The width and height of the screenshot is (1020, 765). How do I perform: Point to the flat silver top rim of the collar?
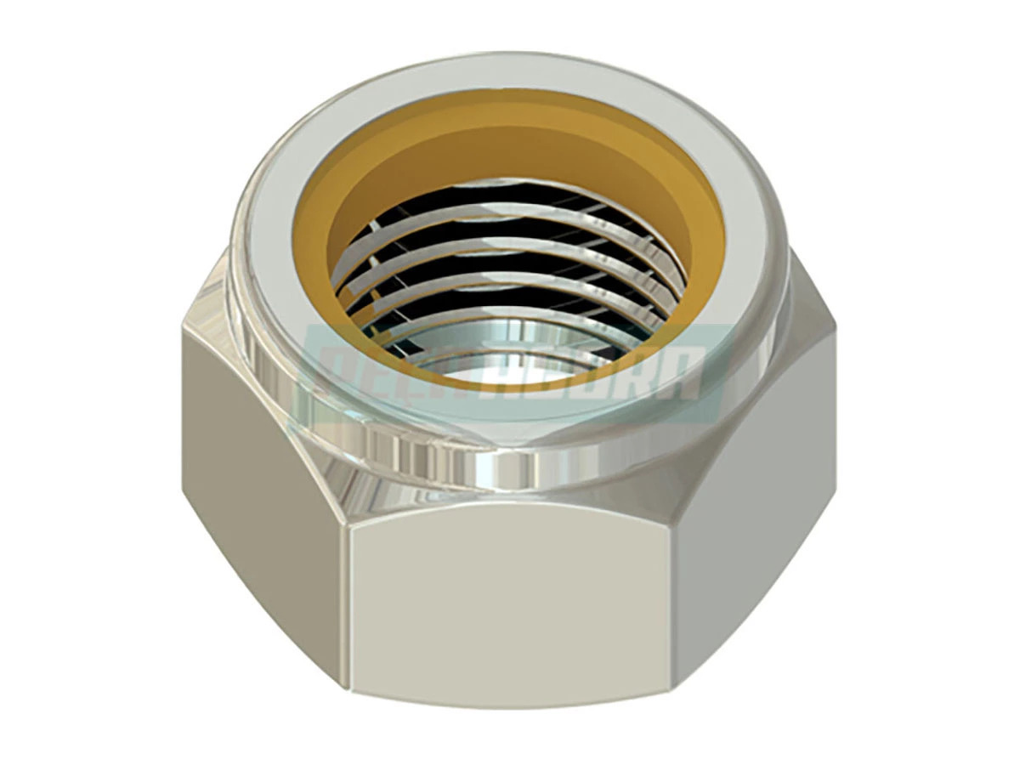[510, 81]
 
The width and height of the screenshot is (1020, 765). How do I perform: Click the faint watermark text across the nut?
[510, 374]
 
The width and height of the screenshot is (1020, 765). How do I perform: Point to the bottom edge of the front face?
[510, 701]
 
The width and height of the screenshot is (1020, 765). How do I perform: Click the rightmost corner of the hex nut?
[837, 340]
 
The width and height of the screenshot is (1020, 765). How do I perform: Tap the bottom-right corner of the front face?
[676, 693]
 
